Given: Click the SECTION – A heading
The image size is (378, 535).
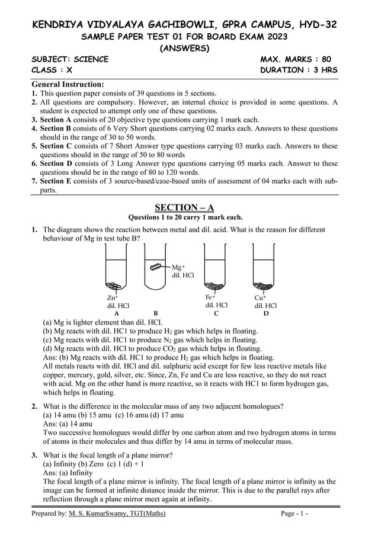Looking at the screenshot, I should (184, 207).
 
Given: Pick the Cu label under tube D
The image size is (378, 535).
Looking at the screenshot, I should (260, 297).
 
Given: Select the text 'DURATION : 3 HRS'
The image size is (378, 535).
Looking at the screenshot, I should (299, 71).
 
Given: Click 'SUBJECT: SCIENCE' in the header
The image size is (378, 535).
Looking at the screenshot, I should (70, 59).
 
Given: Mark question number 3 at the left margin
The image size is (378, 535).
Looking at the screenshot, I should (35, 454).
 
